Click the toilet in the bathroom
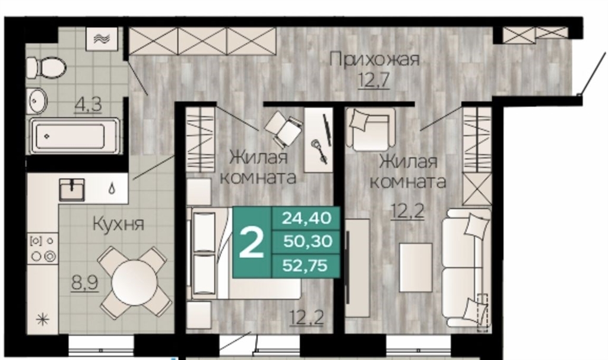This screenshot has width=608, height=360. tap(46, 68)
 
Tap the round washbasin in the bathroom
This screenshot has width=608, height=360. tap(36, 100)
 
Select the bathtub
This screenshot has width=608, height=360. tap(74, 136)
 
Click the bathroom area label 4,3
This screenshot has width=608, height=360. tap(89, 105)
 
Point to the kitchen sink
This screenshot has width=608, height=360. tap(72, 190)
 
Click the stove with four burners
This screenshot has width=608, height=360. tap(43, 249)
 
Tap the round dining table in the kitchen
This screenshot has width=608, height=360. tap(135, 282)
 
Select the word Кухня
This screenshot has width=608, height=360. tap(119, 224)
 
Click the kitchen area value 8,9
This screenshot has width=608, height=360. tap(85, 283)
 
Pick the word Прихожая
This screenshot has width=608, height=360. tap(375, 60)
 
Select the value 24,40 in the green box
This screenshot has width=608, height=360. tap(307, 218)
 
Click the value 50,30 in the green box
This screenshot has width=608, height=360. tap(308, 242)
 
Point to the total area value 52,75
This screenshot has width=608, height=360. tap(305, 266)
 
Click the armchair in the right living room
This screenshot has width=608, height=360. tap(370, 129)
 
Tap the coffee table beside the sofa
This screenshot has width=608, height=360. tap(416, 268)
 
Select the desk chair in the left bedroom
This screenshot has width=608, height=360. tap(283, 128)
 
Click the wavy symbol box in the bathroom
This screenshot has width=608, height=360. tap(102, 39)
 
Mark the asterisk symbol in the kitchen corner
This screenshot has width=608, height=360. tap(42, 320)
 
